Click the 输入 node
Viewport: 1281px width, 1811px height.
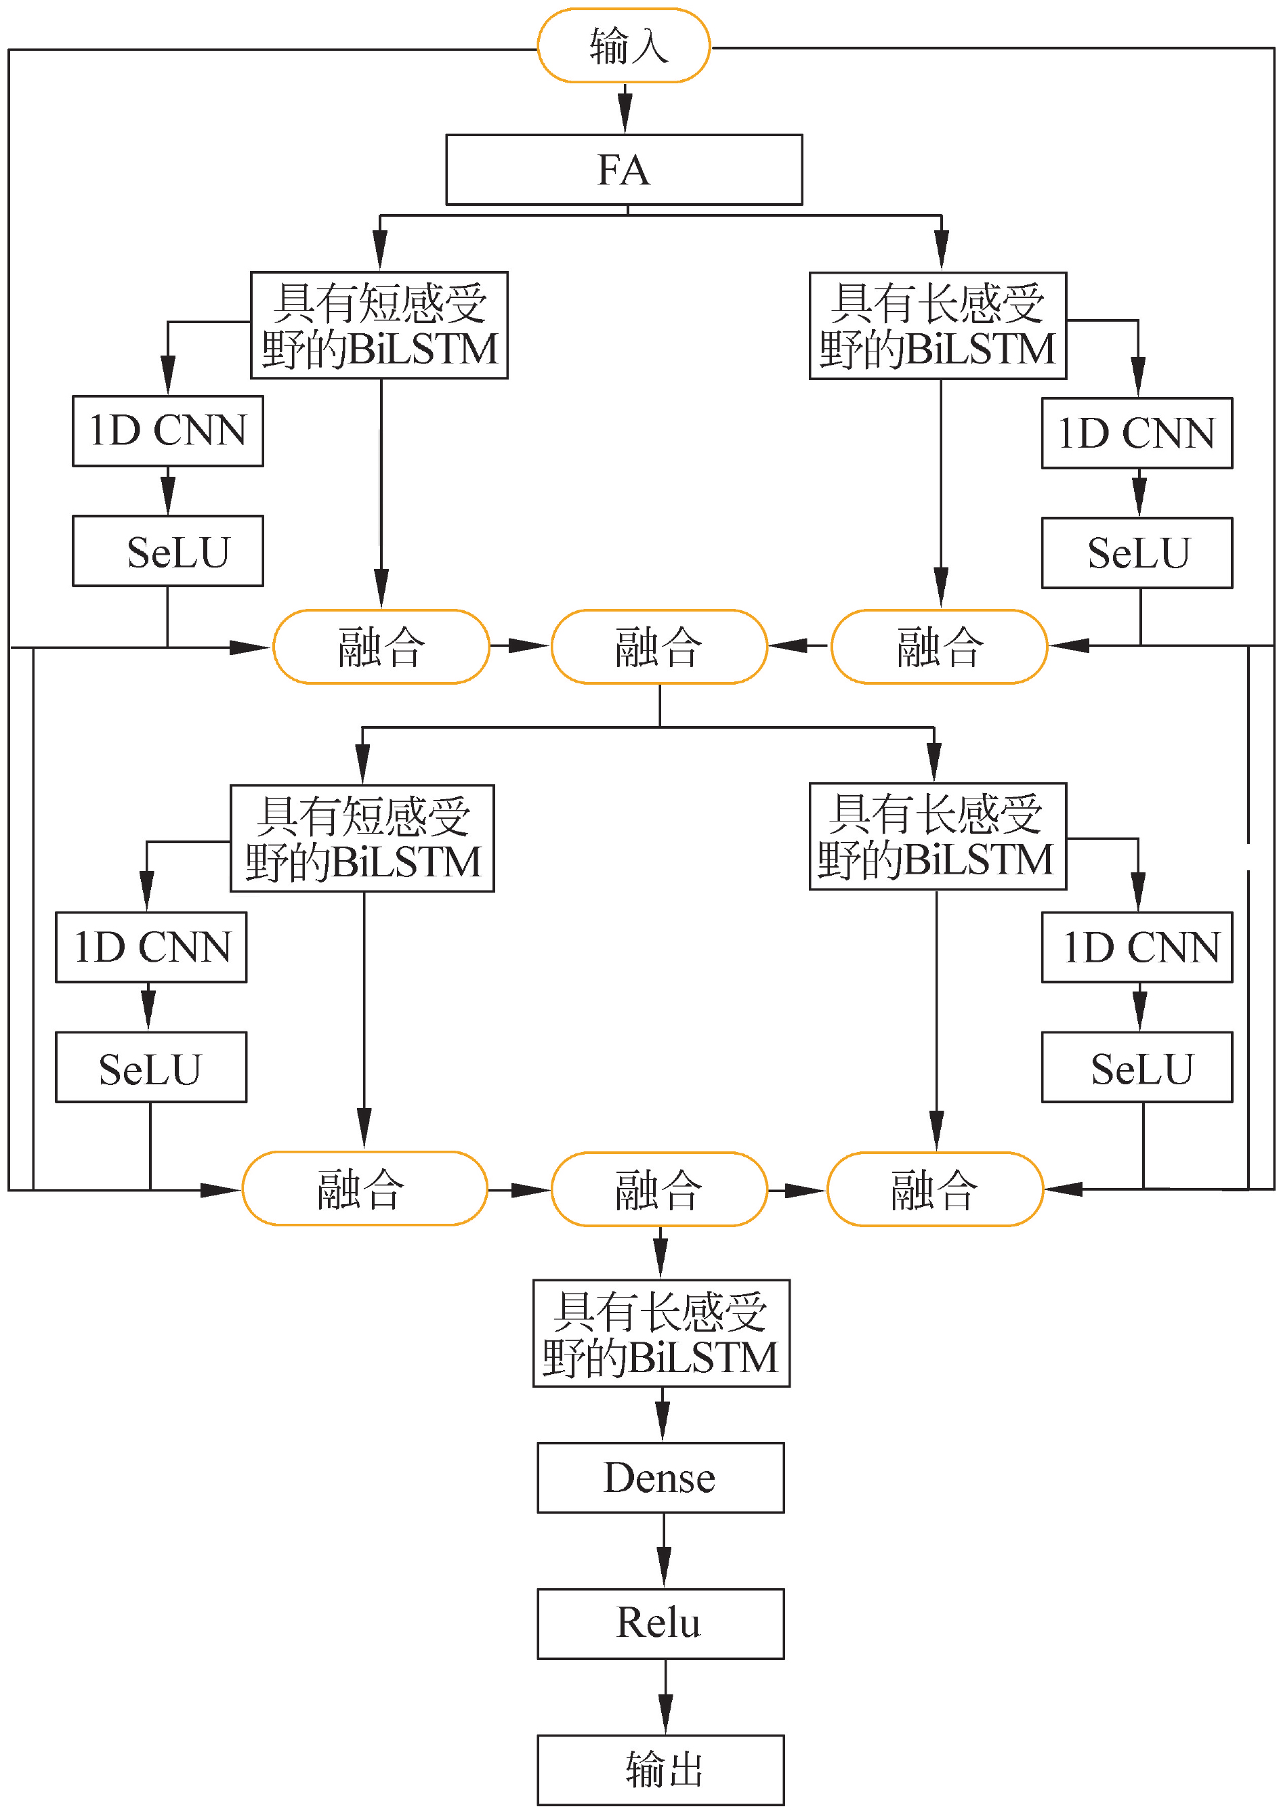coord(623,46)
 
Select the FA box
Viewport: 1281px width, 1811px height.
coord(624,169)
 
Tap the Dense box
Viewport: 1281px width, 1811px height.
coord(660,1477)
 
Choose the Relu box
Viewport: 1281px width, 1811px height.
coord(660,1623)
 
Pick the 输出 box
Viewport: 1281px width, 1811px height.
coord(660,1769)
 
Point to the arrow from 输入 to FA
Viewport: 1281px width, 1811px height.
coord(625,109)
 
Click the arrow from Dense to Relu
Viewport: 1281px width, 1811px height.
coord(663,1550)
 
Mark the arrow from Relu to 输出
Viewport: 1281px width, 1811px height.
coord(665,1696)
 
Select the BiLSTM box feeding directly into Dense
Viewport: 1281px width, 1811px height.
coord(661,1333)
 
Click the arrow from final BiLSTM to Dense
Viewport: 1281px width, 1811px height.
coord(663,1414)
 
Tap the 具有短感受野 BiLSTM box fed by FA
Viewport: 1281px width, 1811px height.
coord(379,325)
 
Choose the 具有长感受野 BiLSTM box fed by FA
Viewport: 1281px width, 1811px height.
coord(938,326)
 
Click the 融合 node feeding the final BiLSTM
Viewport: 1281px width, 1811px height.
coord(659,1189)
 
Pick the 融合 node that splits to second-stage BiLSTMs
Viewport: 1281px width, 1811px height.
coord(659,646)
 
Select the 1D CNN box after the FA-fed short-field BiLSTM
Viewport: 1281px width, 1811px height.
coord(167,431)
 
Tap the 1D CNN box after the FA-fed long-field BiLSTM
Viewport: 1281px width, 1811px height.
coord(1137,433)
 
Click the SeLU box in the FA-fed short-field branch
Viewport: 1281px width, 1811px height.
coord(167,551)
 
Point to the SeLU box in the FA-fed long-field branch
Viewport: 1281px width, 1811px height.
coord(1137,553)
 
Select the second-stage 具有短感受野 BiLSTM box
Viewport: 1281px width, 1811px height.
coord(362,838)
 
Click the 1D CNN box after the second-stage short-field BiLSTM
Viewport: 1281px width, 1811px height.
coord(150,947)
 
